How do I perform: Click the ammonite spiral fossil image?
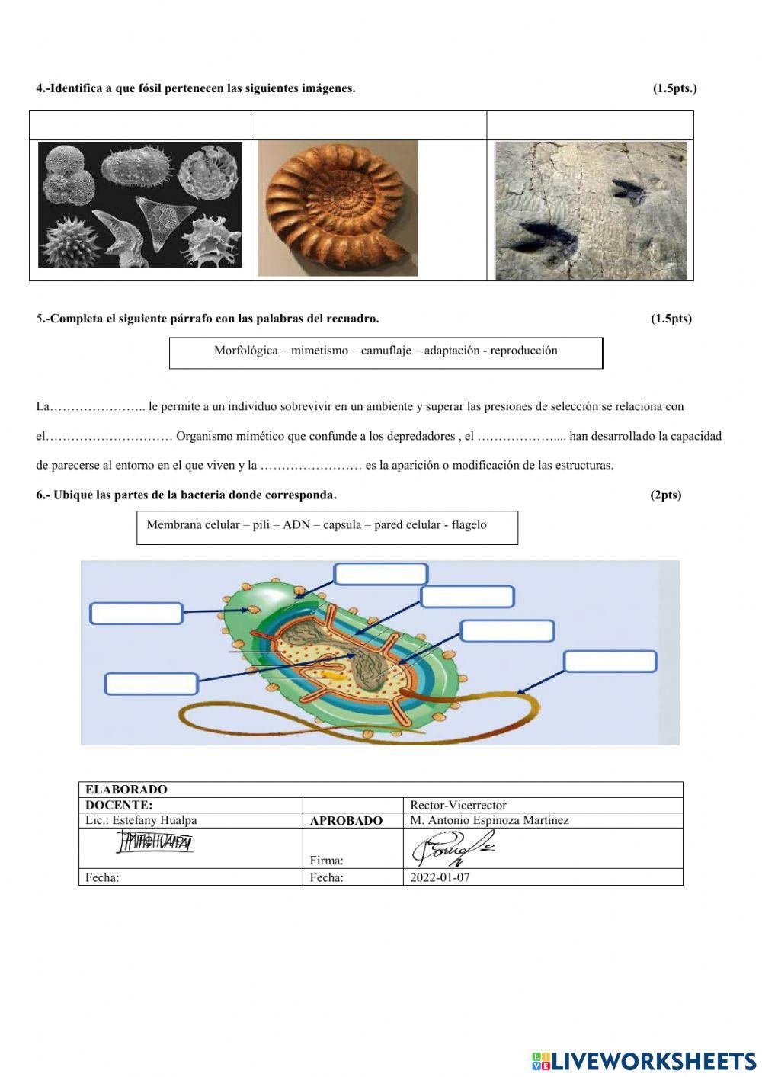pyautogui.click(x=338, y=207)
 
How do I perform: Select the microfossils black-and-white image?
pyautogui.click(x=140, y=205)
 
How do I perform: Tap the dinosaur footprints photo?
pyautogui.click(x=591, y=210)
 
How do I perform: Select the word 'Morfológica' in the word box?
pyautogui.click(x=246, y=351)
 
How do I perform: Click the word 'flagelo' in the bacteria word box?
pyautogui.click(x=469, y=524)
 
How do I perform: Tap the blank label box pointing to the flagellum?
pyautogui.click(x=610, y=662)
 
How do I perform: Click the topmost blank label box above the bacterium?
pyautogui.click(x=381, y=574)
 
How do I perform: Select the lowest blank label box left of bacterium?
pyautogui.click(x=151, y=684)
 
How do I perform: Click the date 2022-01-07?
pyautogui.click(x=440, y=877)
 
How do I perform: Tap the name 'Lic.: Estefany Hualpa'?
pyautogui.click(x=141, y=820)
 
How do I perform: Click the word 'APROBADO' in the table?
pyautogui.click(x=346, y=821)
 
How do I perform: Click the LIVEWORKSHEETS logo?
pyautogui.click(x=644, y=1061)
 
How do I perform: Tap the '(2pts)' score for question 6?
pyautogui.click(x=665, y=495)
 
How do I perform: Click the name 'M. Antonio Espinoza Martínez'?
pyautogui.click(x=489, y=820)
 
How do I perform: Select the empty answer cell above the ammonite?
pyautogui.click(x=369, y=125)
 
